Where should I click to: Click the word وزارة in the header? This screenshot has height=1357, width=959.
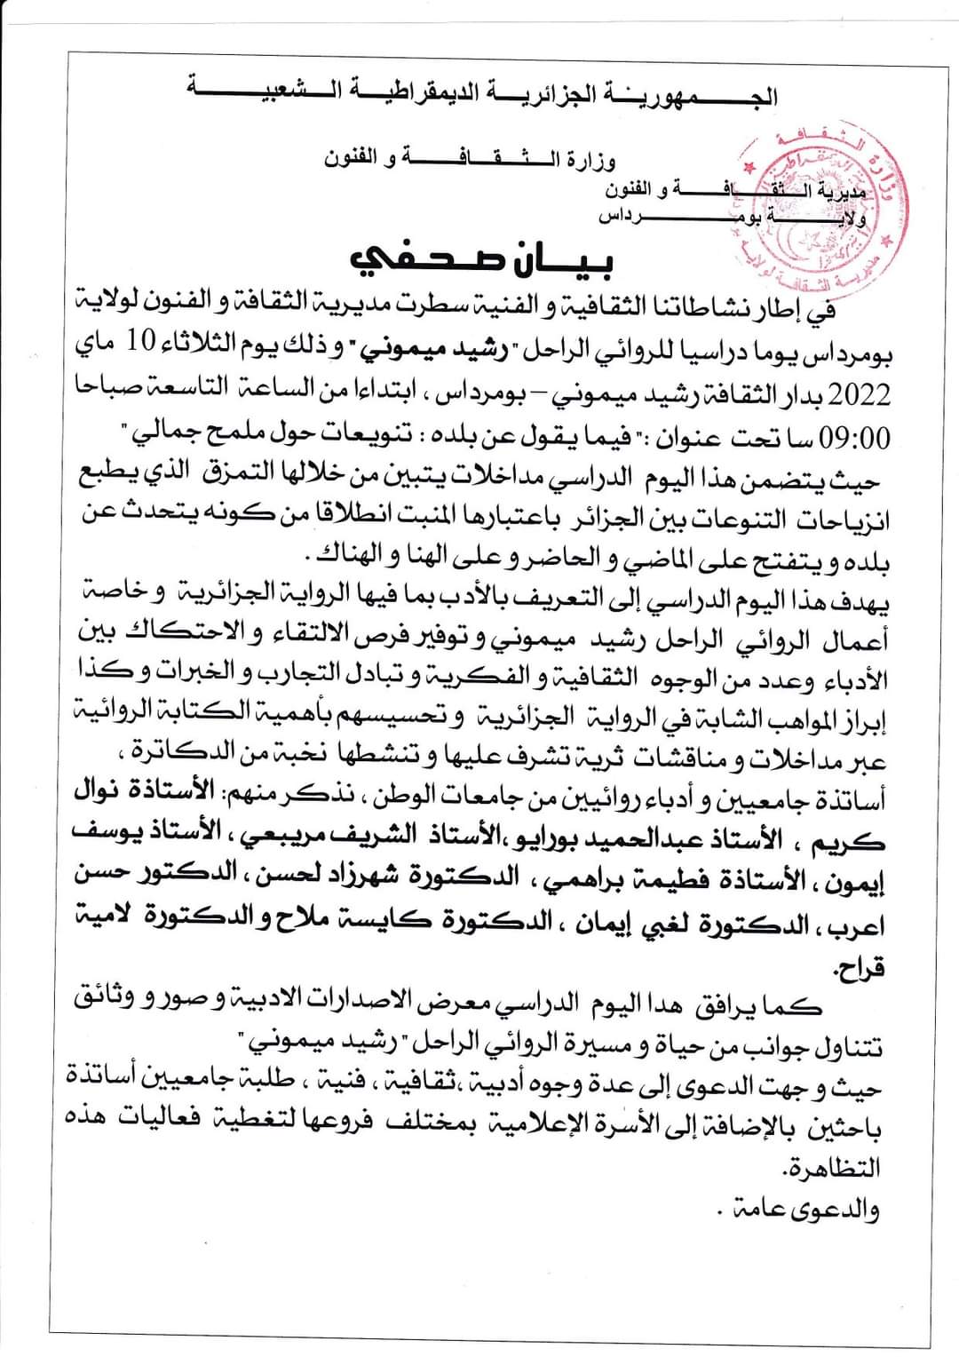tap(592, 162)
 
